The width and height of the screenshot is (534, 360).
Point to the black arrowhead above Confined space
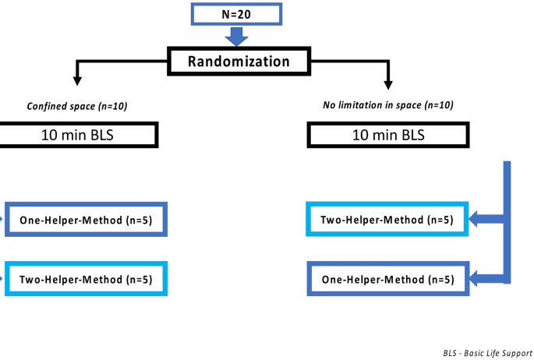coord(76,79)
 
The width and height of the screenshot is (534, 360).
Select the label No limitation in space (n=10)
coord(388,106)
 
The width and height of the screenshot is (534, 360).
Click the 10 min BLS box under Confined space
coord(79,134)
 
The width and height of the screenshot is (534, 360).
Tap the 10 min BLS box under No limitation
coord(388,134)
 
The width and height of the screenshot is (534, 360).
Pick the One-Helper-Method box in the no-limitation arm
coord(387,279)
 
